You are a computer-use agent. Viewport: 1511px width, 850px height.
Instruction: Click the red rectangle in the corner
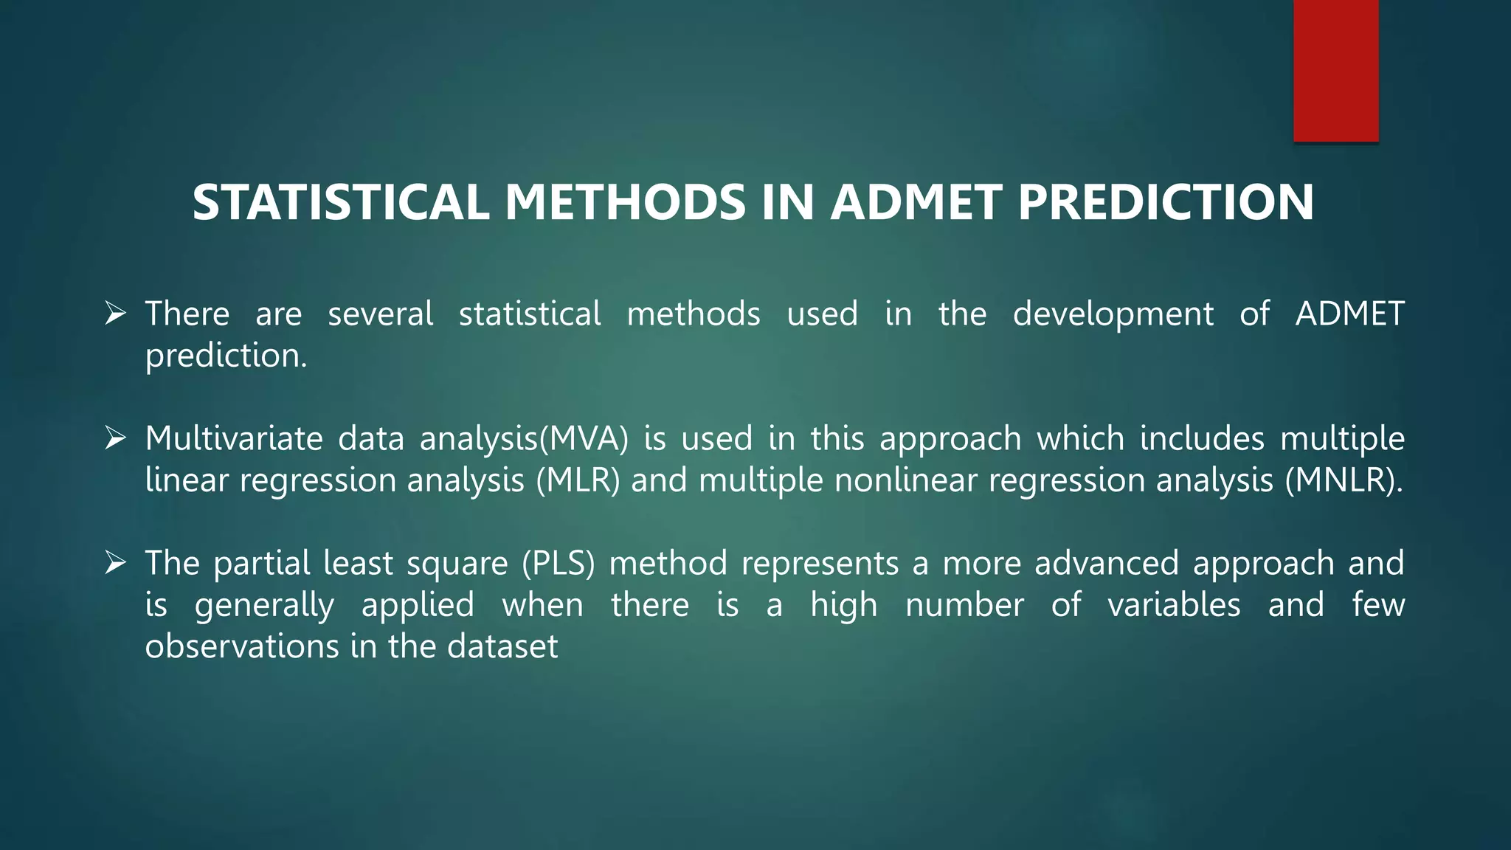pyautogui.click(x=1335, y=70)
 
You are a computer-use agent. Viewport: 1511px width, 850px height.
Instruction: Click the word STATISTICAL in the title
pyautogui.click(x=340, y=202)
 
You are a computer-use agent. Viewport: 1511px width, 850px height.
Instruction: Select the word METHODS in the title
pyautogui.click(x=626, y=202)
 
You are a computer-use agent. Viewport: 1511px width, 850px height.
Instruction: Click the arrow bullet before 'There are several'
pyautogui.click(x=115, y=314)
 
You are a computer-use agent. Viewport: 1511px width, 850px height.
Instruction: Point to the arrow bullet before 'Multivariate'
pyautogui.click(x=115, y=438)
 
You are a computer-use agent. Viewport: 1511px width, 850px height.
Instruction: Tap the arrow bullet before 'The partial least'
pyautogui.click(x=115, y=563)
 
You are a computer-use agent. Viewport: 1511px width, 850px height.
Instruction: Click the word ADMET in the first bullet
pyautogui.click(x=1349, y=314)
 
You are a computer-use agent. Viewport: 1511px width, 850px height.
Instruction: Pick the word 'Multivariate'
pyautogui.click(x=234, y=438)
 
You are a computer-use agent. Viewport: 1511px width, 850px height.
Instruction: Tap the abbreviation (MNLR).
pyautogui.click(x=1343, y=480)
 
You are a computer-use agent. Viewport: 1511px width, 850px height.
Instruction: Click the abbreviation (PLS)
pyautogui.click(x=558, y=564)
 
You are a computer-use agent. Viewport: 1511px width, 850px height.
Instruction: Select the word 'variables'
pyautogui.click(x=1174, y=605)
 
